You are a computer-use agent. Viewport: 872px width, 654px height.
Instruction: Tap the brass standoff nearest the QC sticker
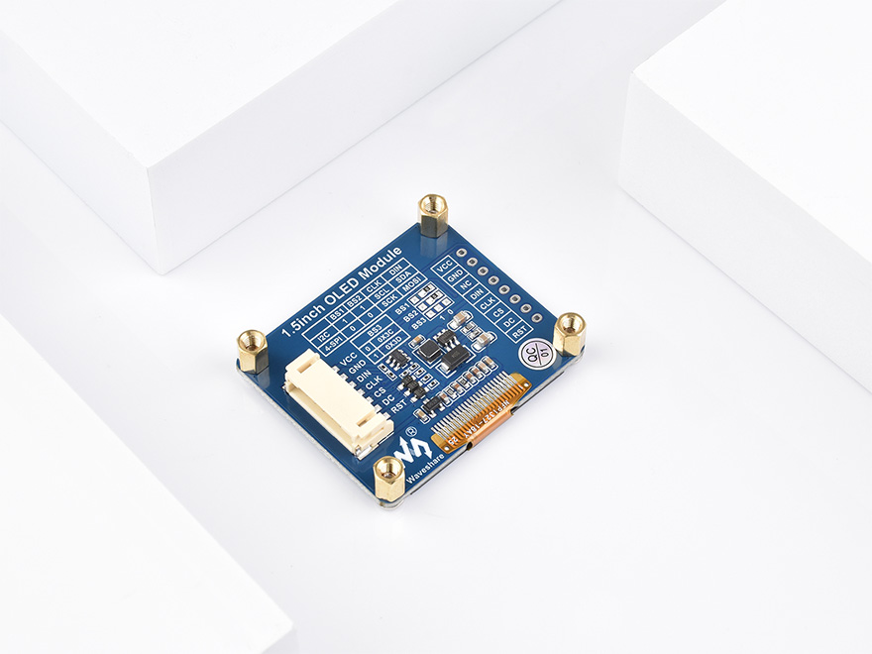569,332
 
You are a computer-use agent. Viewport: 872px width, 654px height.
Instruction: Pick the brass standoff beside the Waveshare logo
388,477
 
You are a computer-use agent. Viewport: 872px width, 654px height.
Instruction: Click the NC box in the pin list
467,283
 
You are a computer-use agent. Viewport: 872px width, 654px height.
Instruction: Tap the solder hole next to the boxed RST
536,319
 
